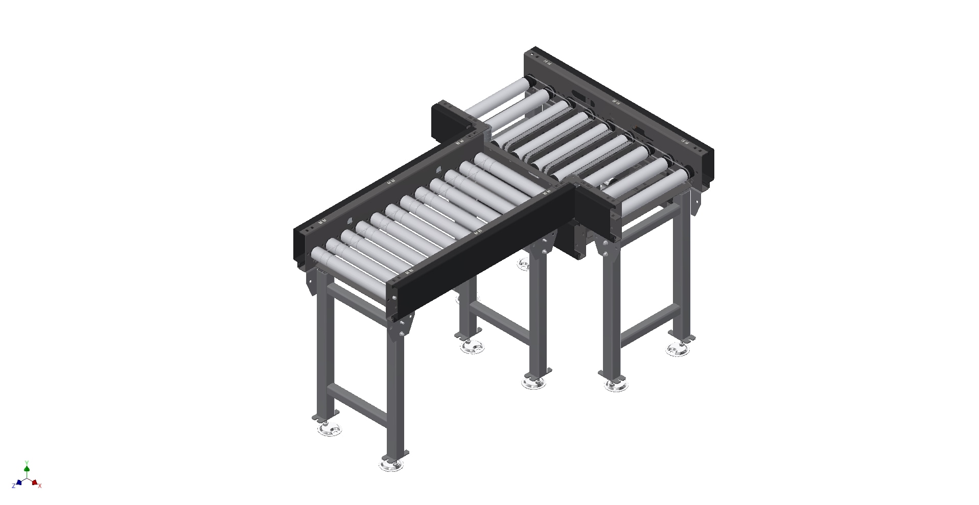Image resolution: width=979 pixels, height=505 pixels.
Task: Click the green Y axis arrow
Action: coord(27,468)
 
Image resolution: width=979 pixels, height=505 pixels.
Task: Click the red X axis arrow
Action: coord(35,482)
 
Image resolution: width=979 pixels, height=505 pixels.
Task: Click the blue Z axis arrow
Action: coord(18,482)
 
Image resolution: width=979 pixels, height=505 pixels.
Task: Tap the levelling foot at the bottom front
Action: coord(391,465)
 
